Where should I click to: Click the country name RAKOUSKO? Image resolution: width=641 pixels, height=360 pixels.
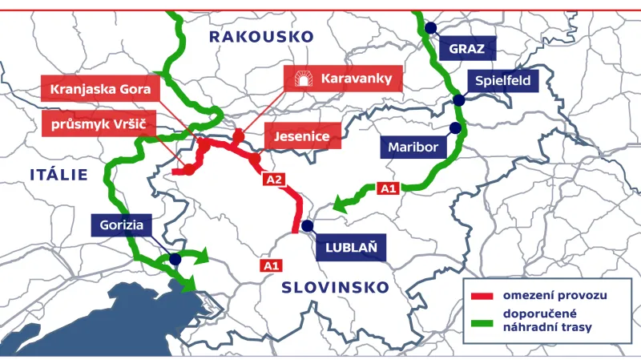260,37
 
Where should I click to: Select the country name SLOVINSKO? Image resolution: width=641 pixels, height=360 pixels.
335,287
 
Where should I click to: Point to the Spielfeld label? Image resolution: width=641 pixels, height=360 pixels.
502,80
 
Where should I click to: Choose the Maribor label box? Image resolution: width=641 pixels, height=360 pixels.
413,148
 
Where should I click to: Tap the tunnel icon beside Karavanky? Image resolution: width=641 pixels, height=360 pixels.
304,79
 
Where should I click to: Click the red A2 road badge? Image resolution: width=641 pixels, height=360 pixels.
274,180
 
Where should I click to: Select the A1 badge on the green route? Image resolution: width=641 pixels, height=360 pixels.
388,189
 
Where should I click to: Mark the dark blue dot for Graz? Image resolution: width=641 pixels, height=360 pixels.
430,28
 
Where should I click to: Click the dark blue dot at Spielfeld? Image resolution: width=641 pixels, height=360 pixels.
458,100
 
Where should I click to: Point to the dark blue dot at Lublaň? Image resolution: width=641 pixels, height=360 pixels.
307,225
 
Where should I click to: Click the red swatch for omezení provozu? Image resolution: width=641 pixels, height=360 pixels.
483,296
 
